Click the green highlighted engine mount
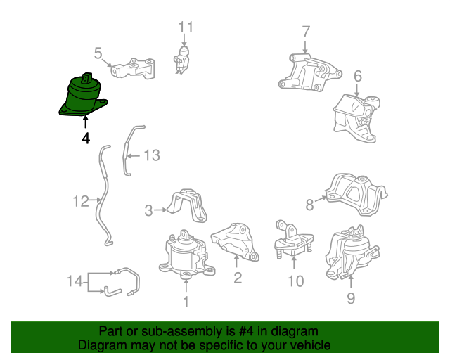[82, 96]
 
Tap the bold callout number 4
[86, 139]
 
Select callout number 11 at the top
[186, 27]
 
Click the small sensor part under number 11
[181, 60]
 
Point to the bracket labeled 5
[134, 69]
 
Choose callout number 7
[306, 32]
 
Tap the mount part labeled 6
[356, 118]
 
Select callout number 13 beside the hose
[152, 155]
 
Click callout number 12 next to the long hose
[81, 201]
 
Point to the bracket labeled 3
[186, 205]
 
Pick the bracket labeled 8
[356, 194]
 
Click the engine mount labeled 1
[186, 255]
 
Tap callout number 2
[238, 277]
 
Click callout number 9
[351, 298]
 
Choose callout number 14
[75, 281]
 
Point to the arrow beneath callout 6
[357, 90]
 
